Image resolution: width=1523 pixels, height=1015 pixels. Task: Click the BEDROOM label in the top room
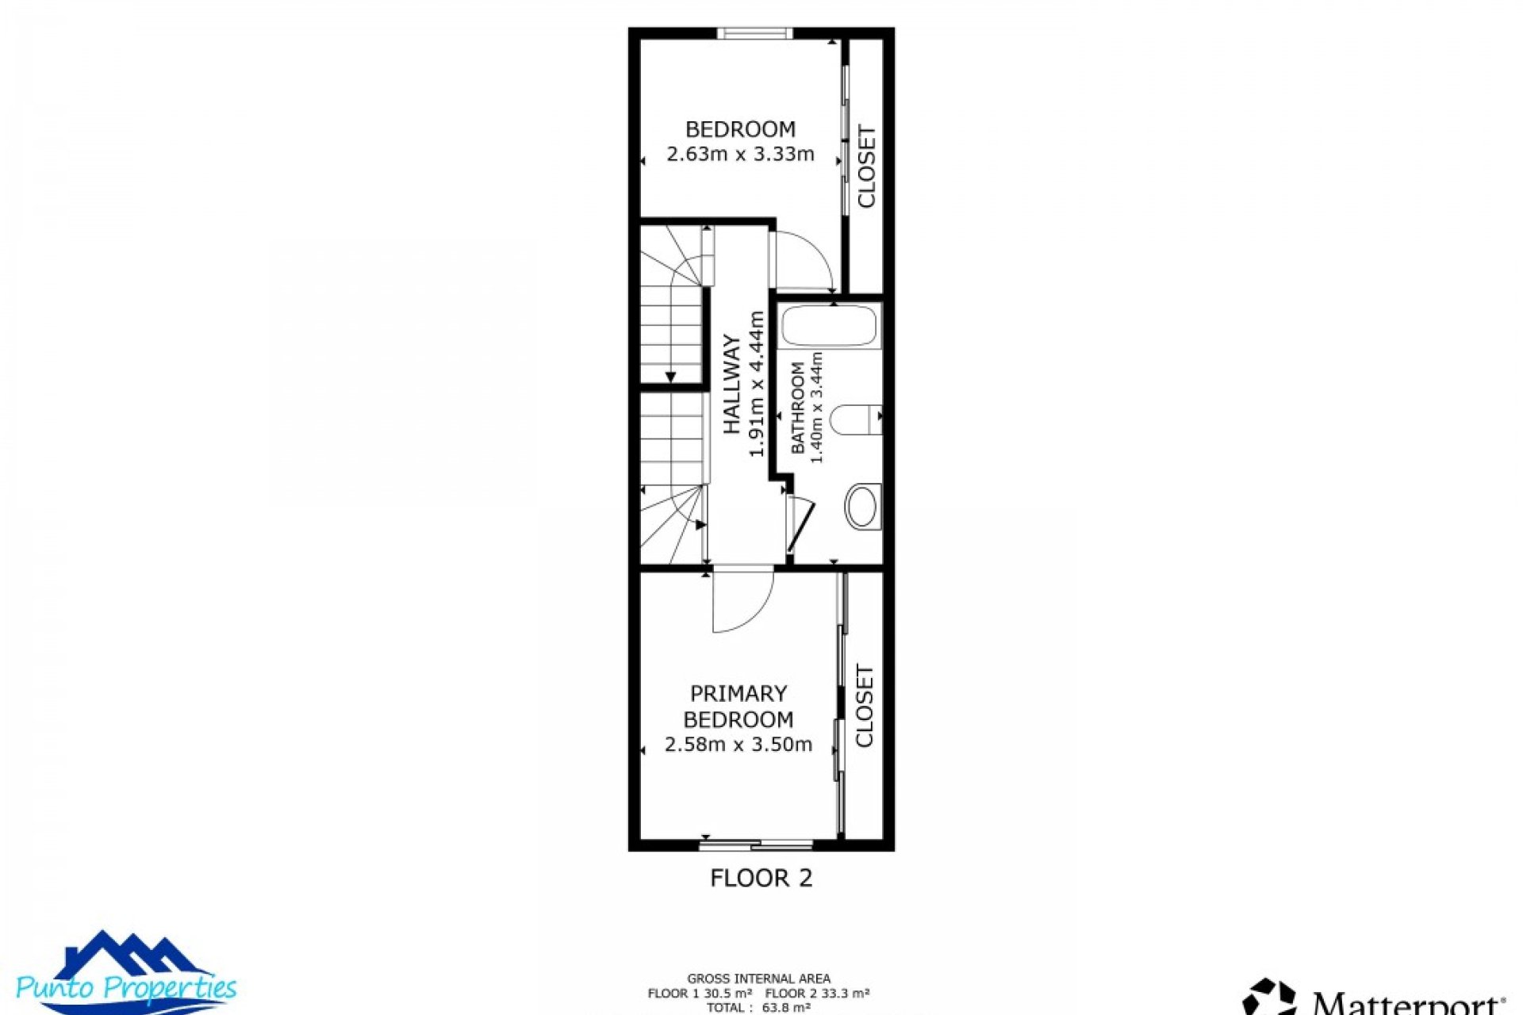(739, 129)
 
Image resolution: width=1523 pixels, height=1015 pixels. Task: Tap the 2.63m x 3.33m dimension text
(739, 154)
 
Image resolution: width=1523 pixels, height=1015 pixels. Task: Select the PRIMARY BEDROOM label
(738, 707)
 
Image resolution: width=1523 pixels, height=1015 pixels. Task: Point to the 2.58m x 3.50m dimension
(738, 745)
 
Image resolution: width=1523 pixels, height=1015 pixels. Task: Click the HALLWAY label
(731, 385)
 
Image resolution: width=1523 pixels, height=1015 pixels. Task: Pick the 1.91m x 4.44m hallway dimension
(756, 385)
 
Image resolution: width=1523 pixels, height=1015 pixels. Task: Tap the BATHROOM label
(797, 408)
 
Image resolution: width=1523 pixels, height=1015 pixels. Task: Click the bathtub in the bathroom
(829, 326)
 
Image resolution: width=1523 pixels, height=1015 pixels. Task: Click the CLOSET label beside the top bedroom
(866, 167)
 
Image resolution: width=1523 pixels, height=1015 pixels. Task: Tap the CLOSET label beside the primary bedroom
(864, 706)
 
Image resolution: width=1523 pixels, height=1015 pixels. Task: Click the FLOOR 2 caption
(761, 878)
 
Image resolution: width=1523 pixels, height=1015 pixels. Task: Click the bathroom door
(800, 525)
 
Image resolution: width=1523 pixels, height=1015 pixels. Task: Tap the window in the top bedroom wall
(754, 33)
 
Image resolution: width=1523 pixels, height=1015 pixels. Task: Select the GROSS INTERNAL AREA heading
(758, 979)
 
